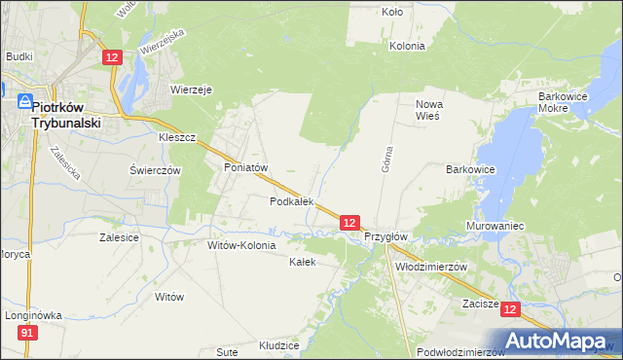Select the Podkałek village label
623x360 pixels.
pyautogui.click(x=292, y=201)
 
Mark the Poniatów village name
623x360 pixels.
pyautogui.click(x=245, y=167)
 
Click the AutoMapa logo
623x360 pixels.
pyautogui.click(x=559, y=341)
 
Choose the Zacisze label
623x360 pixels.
pyautogui.click(x=481, y=304)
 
